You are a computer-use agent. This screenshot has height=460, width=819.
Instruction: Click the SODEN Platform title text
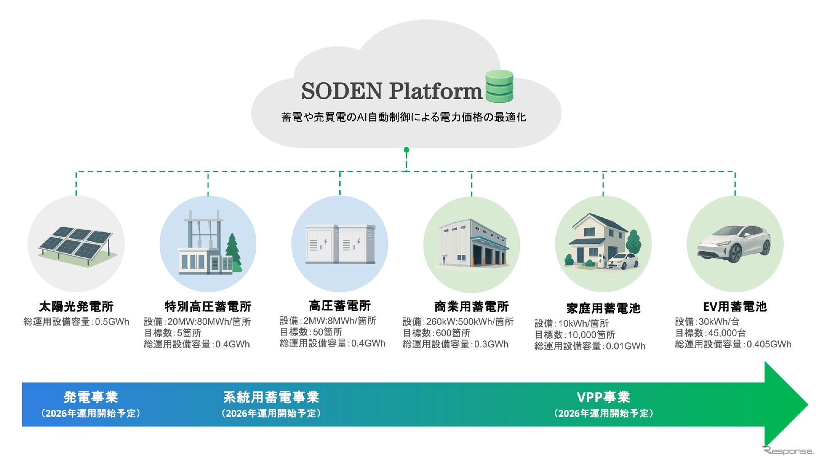tap(392, 91)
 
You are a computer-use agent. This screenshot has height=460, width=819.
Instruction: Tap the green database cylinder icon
tap(499, 86)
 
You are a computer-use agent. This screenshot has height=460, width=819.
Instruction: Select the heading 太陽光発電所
tap(76, 307)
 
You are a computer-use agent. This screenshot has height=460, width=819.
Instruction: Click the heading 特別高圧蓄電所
tap(208, 307)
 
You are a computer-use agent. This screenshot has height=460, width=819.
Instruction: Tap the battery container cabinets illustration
tap(340, 244)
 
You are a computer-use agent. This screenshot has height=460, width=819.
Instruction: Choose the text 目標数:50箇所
tap(311, 332)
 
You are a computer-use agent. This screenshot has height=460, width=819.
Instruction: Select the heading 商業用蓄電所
tap(472, 307)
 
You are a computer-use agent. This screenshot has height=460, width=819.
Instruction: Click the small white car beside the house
tap(622, 261)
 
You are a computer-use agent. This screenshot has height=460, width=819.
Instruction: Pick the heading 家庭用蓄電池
tap(603, 308)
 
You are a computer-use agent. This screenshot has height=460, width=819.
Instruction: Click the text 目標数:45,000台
tap(710, 333)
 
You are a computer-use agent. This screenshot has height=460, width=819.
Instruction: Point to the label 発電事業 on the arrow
tap(91, 397)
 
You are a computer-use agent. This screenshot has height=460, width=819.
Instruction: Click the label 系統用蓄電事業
tap(271, 397)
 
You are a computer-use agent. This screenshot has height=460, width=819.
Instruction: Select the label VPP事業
tap(603, 397)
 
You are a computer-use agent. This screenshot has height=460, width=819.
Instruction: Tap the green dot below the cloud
tap(407, 150)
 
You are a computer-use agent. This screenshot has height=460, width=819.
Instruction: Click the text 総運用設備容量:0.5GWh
tap(76, 322)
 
